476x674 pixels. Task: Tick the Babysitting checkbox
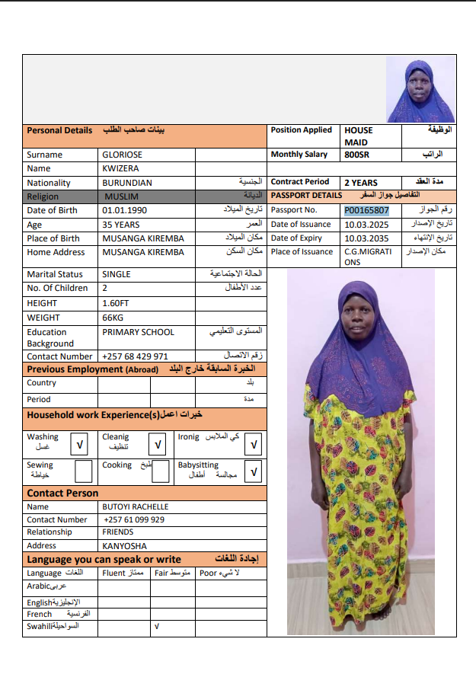tap(254, 471)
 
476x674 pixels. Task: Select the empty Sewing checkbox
tap(83, 471)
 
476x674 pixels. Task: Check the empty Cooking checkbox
tap(160, 471)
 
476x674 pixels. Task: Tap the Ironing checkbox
tap(254, 443)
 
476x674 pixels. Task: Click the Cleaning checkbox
tap(158, 443)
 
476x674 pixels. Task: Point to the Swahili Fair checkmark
tap(156, 627)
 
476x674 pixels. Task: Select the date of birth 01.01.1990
tap(125, 210)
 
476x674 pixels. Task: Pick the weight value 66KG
tap(113, 317)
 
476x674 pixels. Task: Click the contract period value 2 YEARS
tap(361, 183)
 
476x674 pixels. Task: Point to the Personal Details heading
tap(59, 130)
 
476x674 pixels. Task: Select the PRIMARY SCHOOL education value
tap(138, 332)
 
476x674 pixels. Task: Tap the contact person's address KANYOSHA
tap(125, 545)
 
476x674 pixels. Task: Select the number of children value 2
tap(105, 288)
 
